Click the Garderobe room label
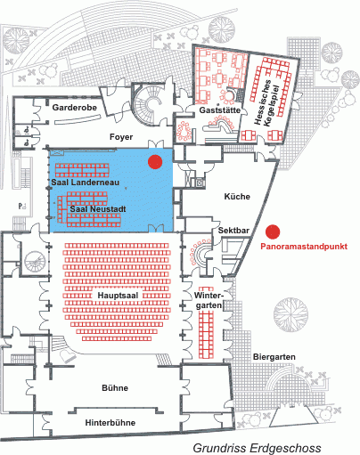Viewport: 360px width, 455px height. (x=75, y=108)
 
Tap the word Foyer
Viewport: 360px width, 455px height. (x=121, y=137)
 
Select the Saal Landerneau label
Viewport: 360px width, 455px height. (x=86, y=183)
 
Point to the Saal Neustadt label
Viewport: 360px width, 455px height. (x=98, y=209)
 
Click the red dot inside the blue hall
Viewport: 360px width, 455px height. (x=155, y=162)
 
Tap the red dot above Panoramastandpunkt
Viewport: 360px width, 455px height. (x=273, y=232)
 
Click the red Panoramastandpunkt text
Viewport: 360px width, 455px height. (x=304, y=247)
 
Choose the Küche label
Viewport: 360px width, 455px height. (x=237, y=197)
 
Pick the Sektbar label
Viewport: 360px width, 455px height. (x=233, y=231)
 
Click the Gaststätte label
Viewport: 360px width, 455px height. (x=220, y=110)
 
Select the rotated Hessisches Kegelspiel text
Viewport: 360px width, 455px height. (x=266, y=103)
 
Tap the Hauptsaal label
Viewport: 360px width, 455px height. (x=118, y=296)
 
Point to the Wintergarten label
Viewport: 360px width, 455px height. (x=209, y=300)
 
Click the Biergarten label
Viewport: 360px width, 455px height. (x=274, y=357)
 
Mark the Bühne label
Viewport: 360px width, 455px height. (x=115, y=388)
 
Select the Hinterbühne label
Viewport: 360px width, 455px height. (x=110, y=423)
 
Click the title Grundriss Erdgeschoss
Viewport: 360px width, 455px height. (x=258, y=448)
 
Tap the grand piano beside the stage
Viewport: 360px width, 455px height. (x=67, y=354)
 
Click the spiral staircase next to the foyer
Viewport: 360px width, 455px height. (x=149, y=105)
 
